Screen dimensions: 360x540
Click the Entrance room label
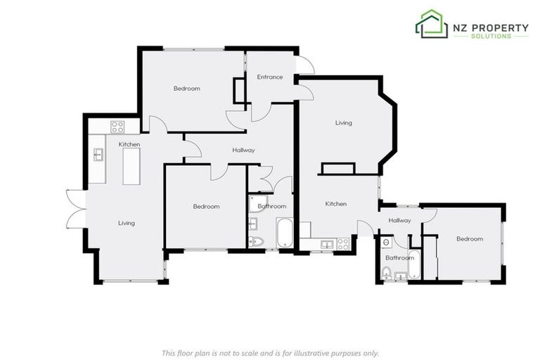click(x=269, y=77)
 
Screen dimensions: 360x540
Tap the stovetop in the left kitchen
click(x=117, y=127)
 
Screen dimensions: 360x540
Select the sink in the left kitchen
click(x=99, y=153)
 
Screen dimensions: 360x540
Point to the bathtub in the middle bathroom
click(x=284, y=233)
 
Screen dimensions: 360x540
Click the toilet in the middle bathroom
click(x=257, y=241)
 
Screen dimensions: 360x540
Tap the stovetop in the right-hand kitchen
click(x=342, y=243)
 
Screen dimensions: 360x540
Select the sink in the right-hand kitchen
click(x=326, y=244)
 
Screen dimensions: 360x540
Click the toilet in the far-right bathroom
click(x=386, y=273)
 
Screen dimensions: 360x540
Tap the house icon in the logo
click(x=432, y=25)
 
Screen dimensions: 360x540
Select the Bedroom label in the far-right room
click(x=470, y=238)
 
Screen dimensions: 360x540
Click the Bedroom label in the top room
click(x=187, y=88)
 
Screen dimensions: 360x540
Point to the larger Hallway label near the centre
click(x=243, y=150)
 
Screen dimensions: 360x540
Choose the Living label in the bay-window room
click(x=343, y=123)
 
